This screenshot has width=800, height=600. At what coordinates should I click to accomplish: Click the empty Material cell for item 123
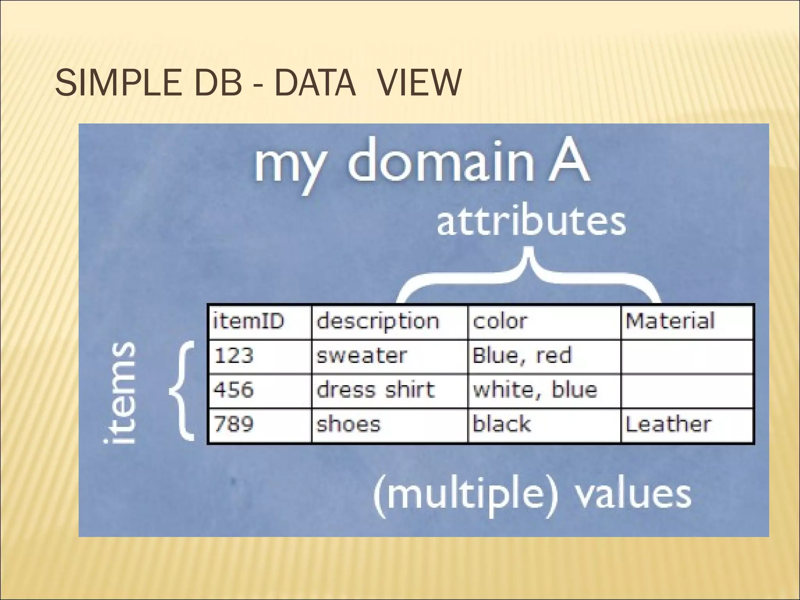(687, 356)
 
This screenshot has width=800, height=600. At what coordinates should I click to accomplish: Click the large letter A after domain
(569, 160)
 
